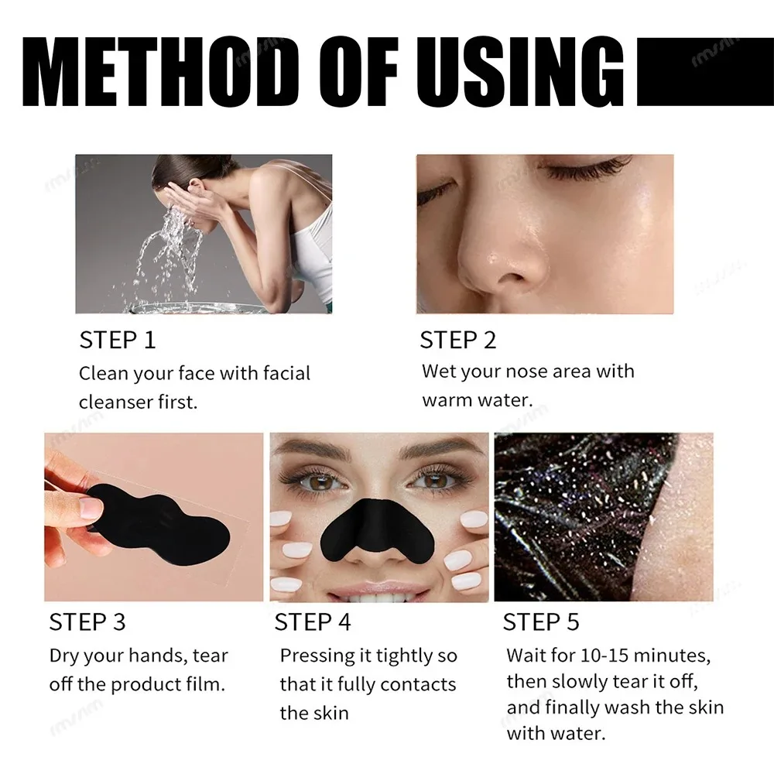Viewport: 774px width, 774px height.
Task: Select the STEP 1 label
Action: [x=117, y=340]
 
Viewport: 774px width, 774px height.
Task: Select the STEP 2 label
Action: [x=457, y=340]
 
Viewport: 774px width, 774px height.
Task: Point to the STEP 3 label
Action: [x=87, y=622]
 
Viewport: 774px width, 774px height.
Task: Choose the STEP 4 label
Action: [x=312, y=622]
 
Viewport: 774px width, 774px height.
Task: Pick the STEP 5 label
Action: [x=540, y=622]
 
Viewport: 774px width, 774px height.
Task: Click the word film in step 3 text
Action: [x=207, y=684]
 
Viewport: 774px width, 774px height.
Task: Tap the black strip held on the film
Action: [x=163, y=518]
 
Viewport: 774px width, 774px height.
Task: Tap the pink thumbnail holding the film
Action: [x=90, y=508]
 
